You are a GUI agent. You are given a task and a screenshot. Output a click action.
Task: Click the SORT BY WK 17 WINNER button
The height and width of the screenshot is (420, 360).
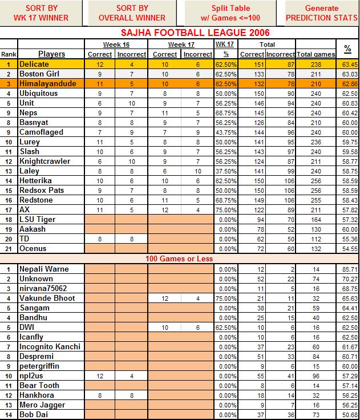(x=42, y=13)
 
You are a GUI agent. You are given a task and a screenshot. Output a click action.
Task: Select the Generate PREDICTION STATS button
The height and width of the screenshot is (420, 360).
(x=322, y=13)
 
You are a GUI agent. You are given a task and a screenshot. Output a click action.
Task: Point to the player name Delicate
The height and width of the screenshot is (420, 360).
(x=34, y=64)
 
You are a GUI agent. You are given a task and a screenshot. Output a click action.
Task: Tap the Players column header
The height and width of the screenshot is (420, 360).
(x=51, y=54)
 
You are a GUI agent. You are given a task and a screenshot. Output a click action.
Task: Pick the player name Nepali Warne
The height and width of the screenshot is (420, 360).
(x=44, y=269)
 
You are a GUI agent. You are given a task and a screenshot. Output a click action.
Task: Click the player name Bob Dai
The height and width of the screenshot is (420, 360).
(x=35, y=414)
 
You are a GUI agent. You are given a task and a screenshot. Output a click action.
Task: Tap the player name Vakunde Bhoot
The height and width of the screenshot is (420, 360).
(x=47, y=298)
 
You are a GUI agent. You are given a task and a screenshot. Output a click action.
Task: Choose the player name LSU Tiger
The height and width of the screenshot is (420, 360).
(x=37, y=220)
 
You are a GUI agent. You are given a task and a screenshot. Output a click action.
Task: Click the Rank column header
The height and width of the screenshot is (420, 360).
(x=9, y=54)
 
